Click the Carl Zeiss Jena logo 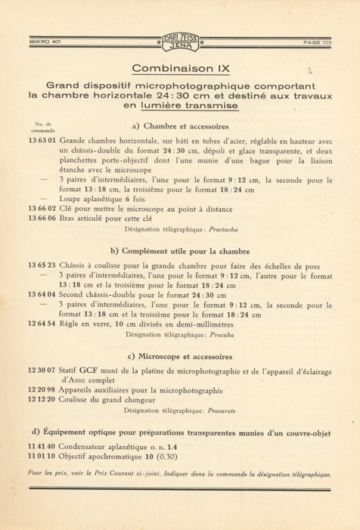pyautogui.click(x=180, y=42)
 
